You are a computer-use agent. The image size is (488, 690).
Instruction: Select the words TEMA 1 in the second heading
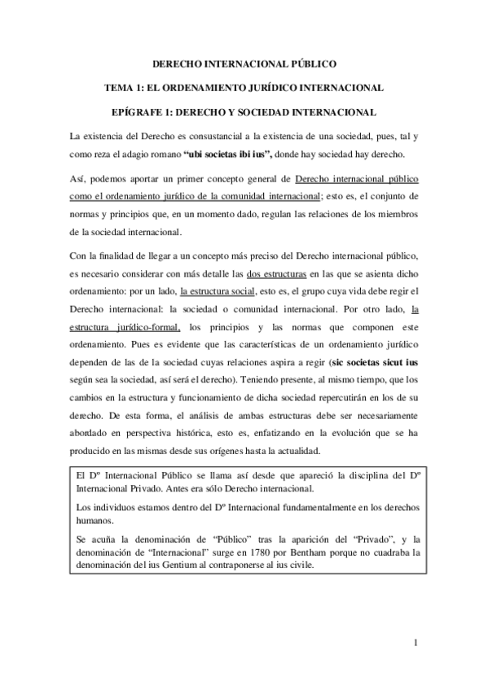click(125, 86)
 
